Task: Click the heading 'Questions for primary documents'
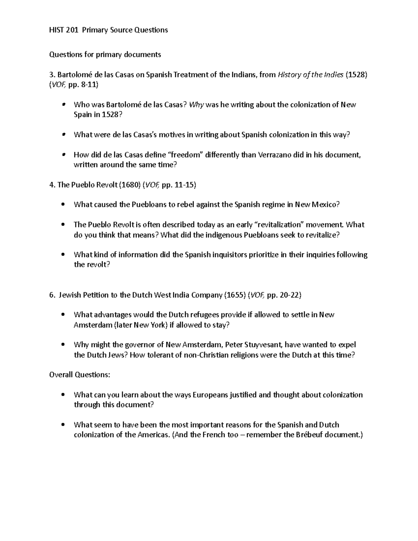pyautogui.click(x=105, y=54)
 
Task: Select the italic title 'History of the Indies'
pyautogui.click(x=310, y=75)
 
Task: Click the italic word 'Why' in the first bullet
pyautogui.click(x=196, y=105)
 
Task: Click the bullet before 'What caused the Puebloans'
pyautogui.click(x=63, y=205)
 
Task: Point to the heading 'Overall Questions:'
pyautogui.click(x=80, y=375)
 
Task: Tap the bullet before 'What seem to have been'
pyautogui.click(x=63, y=425)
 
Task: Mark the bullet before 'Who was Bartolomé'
pyautogui.click(x=63, y=105)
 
